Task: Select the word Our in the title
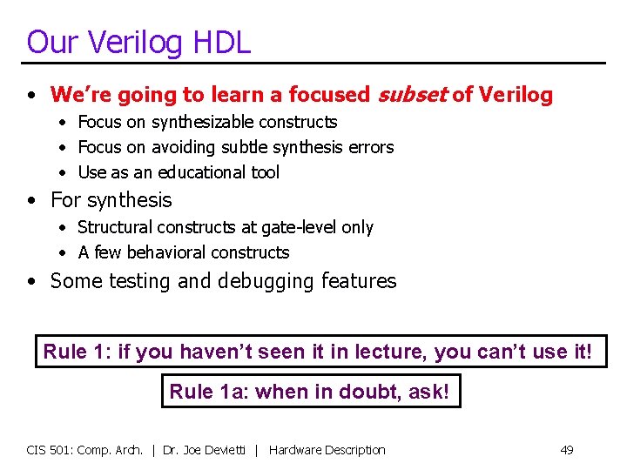pos(47,42)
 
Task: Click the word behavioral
pos(164,252)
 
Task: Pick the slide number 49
pos(566,450)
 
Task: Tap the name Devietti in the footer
pos(226,450)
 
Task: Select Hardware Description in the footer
pos(327,450)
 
